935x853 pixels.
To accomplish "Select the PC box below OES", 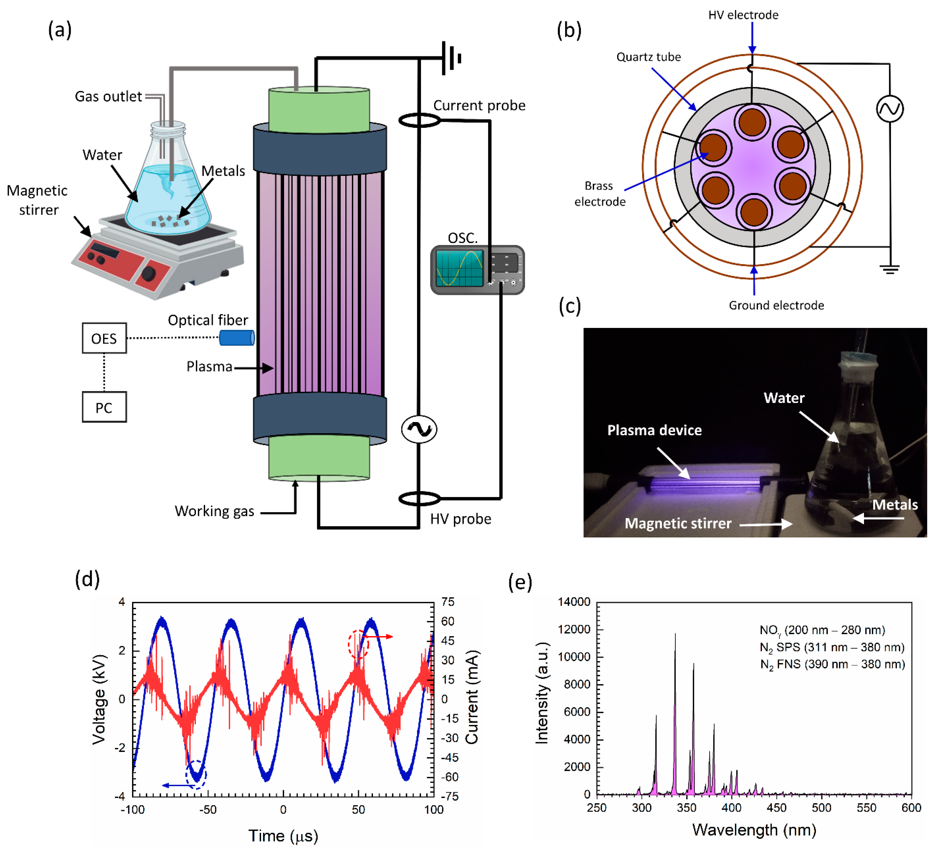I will pyautogui.click(x=104, y=407).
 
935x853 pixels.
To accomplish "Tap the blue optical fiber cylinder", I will pyautogui.click(x=237, y=338).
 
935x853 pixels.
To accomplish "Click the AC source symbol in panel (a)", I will pyautogui.click(x=419, y=429).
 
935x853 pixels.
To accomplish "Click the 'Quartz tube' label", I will pyautogui.click(x=648, y=57).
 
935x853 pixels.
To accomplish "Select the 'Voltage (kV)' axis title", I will pyautogui.click(x=99, y=700).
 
